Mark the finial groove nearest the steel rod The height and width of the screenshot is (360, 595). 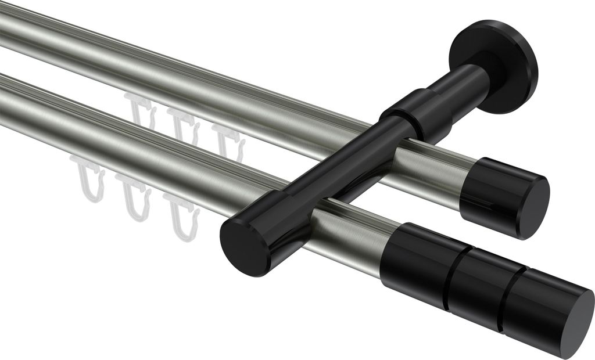point(448,272)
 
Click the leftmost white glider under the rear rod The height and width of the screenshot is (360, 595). point(141,113)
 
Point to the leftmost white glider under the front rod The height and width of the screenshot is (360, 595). point(89,177)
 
